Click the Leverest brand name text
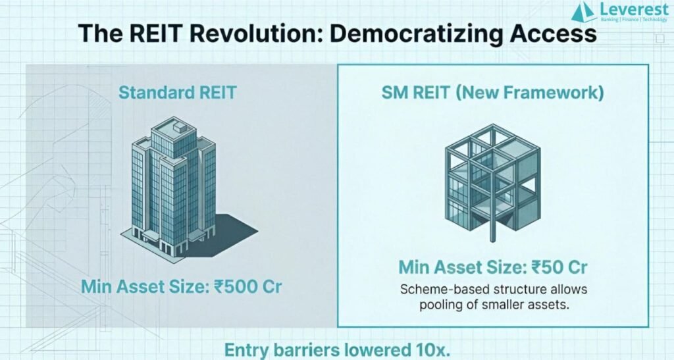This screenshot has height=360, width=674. pos(634,9)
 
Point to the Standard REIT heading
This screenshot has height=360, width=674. pos(178,92)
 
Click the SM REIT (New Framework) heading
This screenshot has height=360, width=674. pos(492,93)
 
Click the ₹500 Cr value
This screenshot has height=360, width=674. pos(247,286)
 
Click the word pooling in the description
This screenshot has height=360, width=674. pos(445,305)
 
